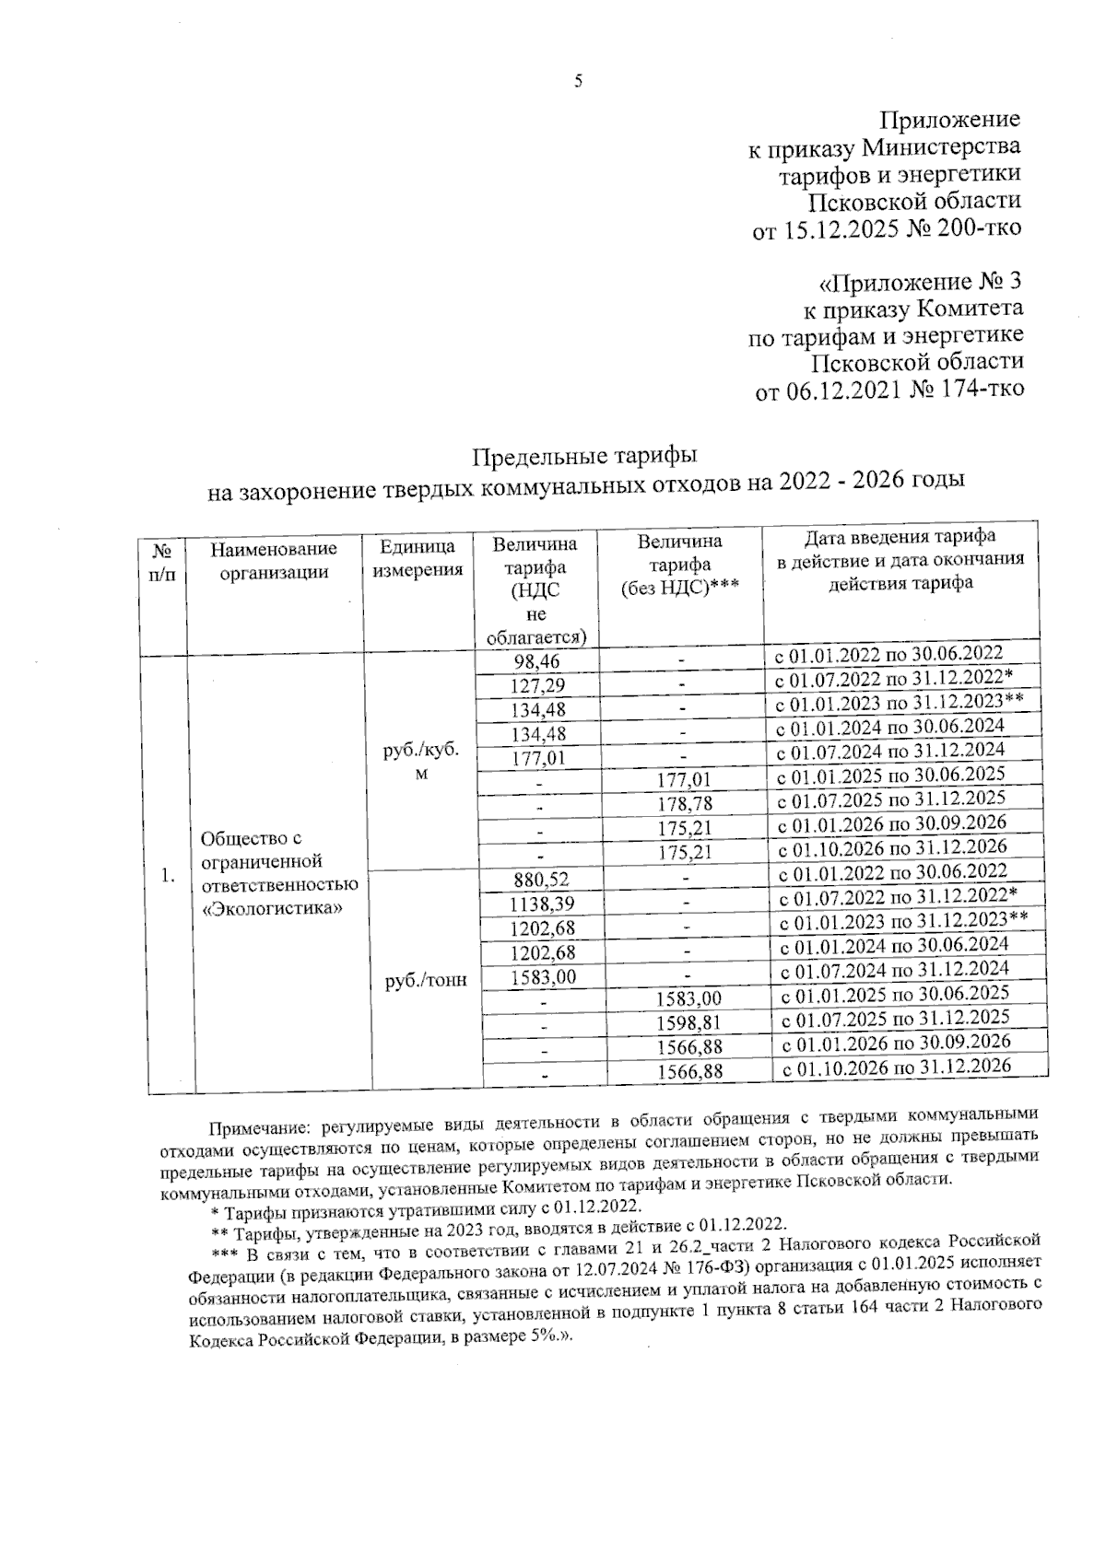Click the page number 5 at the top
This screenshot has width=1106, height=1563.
579,82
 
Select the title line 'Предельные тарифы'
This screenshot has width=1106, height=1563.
584,456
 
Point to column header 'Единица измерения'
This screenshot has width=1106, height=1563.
418,558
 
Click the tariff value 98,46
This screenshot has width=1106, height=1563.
536,661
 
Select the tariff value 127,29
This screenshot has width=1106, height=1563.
538,686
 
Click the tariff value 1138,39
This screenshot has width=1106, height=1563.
542,904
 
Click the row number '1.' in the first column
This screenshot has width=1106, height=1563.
167,876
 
